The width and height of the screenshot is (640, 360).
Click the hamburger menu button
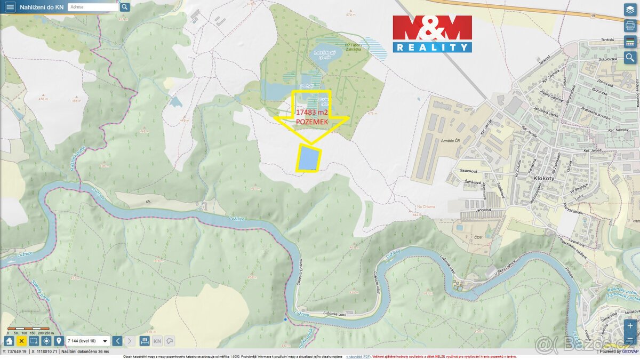tap(10, 7)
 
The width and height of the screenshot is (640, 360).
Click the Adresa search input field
tap(93, 7)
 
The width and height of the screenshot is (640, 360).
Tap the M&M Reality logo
tap(432, 34)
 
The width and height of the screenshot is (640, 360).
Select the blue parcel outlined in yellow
tap(309, 158)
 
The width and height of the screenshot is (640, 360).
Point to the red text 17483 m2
tap(311, 112)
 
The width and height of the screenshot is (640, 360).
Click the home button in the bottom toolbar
tap(9, 341)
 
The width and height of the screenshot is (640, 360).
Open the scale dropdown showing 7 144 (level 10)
tap(88, 341)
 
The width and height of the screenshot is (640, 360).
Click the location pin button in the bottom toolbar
tap(59, 341)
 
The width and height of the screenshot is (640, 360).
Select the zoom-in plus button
tap(630, 325)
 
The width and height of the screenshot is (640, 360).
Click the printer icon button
tap(630, 26)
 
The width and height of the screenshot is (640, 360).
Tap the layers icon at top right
tap(630, 10)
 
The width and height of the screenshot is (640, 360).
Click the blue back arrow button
tap(117, 341)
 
